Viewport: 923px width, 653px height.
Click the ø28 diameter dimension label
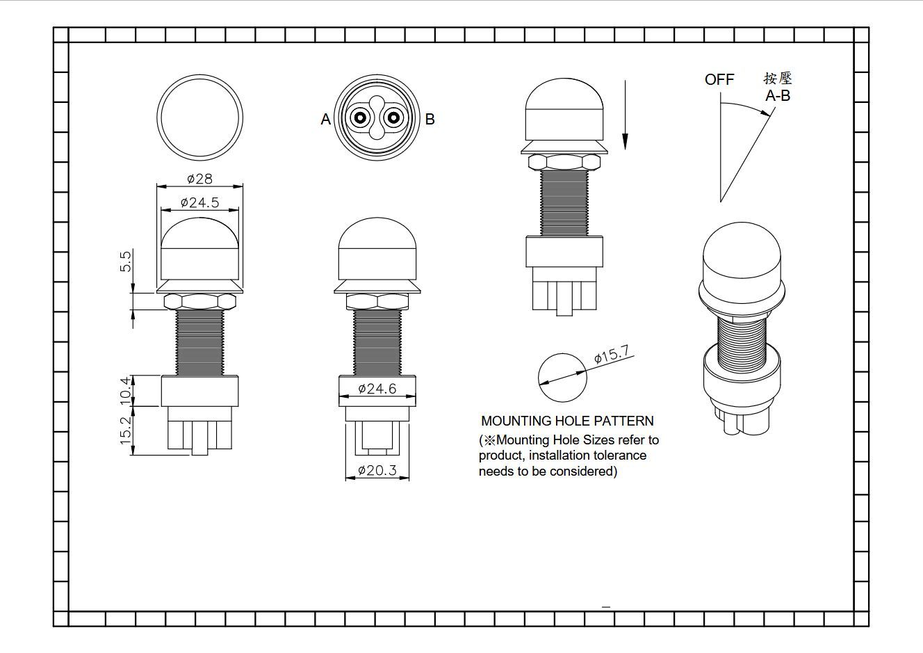point(200,179)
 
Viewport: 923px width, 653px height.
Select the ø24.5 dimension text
point(200,202)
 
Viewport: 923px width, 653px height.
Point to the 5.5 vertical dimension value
point(126,261)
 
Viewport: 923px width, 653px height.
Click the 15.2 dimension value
point(126,430)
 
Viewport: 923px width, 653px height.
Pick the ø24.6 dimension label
point(377,388)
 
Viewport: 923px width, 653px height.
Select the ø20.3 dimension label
point(377,470)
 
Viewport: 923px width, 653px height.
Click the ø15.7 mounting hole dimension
point(612,354)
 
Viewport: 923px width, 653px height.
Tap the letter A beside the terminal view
point(325,119)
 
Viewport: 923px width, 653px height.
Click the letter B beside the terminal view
point(430,119)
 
